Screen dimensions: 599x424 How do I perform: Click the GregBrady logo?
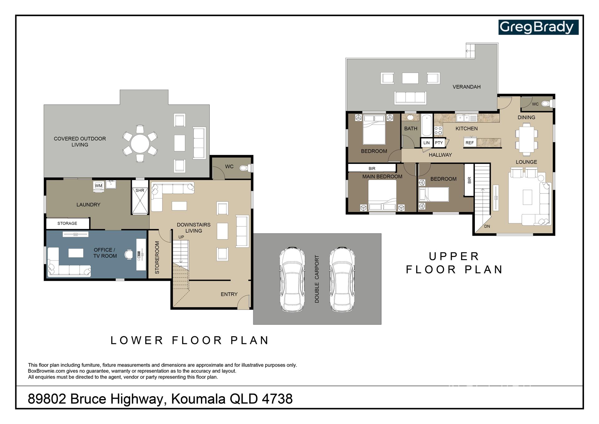click(538, 27)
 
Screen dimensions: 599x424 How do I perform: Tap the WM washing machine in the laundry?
click(99, 186)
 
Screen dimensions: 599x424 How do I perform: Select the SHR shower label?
click(140, 190)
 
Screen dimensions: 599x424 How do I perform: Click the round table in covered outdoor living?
click(140, 144)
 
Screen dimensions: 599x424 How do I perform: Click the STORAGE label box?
click(67, 223)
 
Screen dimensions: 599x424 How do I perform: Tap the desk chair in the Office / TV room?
click(129, 254)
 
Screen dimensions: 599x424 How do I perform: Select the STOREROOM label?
click(157, 258)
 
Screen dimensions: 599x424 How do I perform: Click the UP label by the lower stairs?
click(181, 237)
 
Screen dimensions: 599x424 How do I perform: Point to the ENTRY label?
click(229, 294)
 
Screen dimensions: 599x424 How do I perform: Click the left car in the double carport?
click(292, 279)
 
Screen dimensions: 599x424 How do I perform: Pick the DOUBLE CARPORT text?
click(317, 279)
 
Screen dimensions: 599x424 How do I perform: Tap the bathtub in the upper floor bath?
click(426, 125)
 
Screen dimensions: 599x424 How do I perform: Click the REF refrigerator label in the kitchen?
click(470, 143)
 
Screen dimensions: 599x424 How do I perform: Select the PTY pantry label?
click(439, 143)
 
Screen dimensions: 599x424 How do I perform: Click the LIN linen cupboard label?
click(426, 143)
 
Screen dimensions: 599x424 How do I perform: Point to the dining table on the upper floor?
click(527, 139)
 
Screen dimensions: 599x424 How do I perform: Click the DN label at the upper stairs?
click(487, 226)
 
